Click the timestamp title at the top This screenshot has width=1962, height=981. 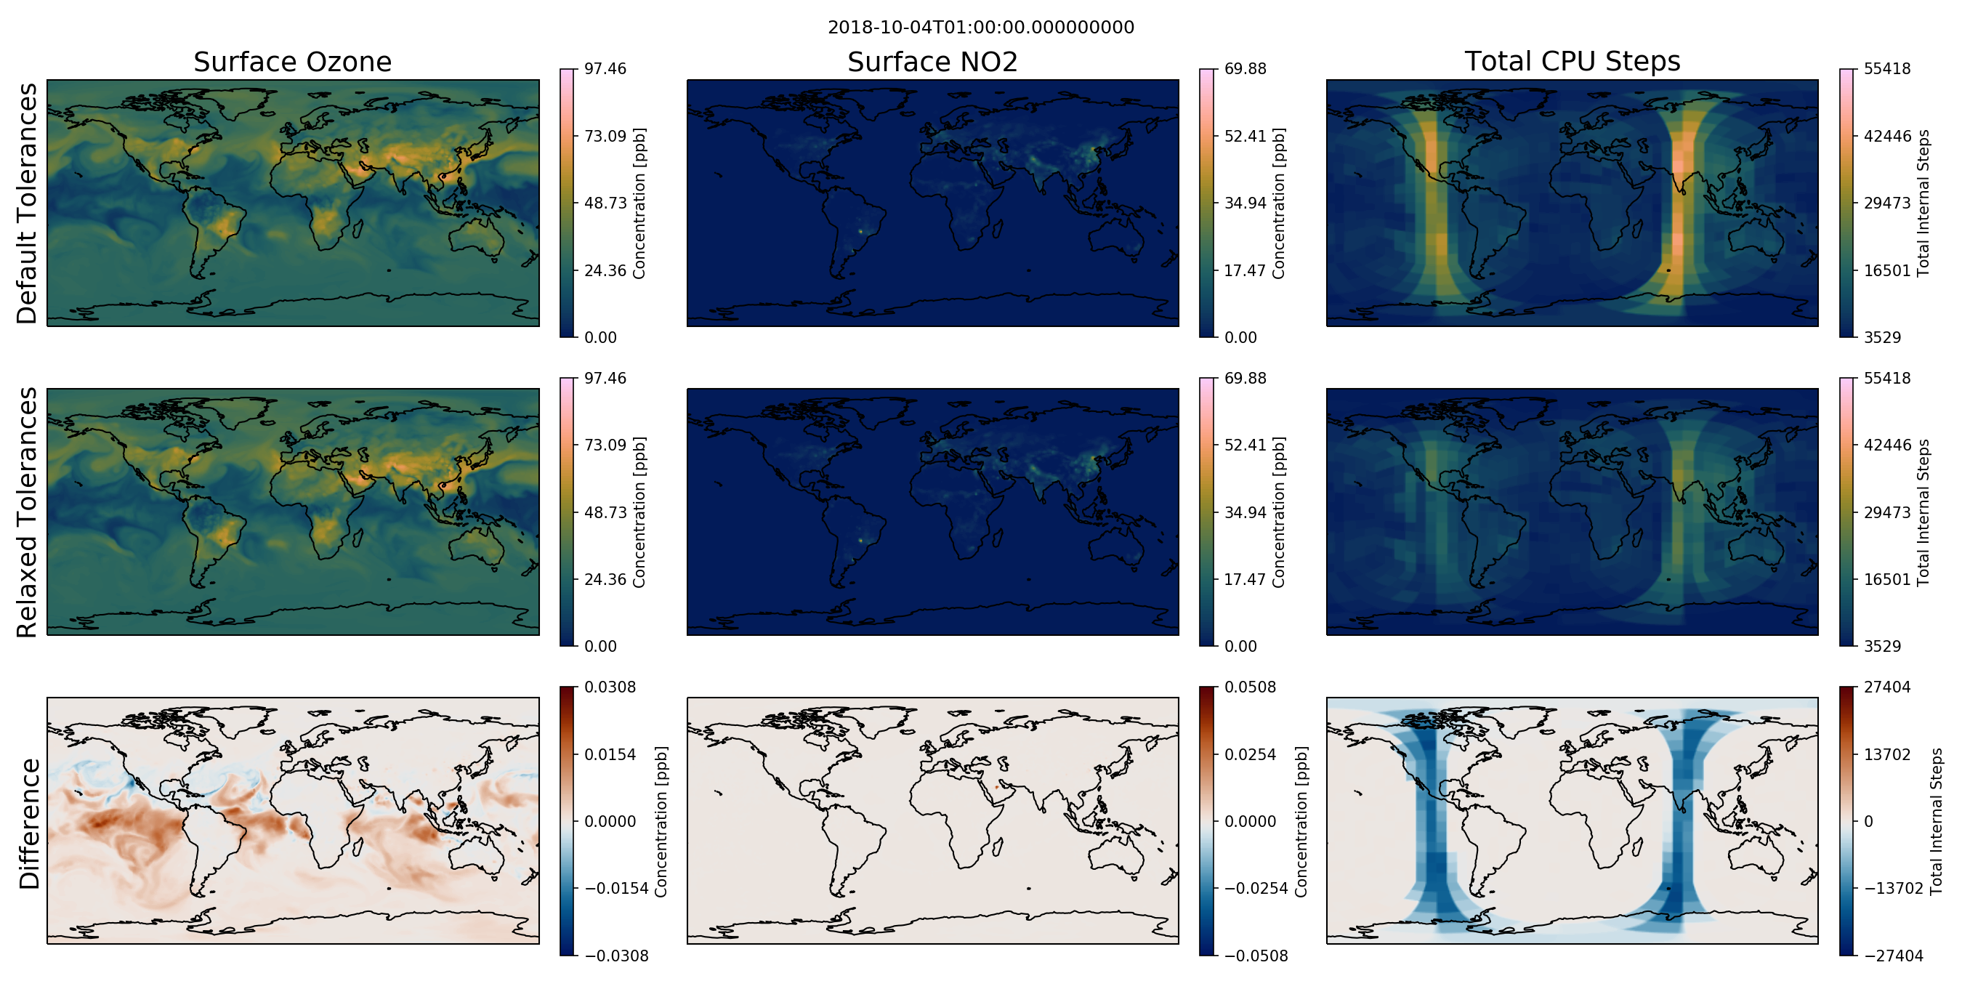click(x=981, y=28)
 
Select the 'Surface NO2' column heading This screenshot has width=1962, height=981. click(x=932, y=62)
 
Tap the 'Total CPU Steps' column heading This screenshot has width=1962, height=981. click(x=1572, y=61)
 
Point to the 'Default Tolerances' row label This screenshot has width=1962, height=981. click(x=27, y=203)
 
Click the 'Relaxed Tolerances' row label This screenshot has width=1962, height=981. click(x=27, y=512)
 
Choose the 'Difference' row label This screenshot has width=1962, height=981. click(x=29, y=824)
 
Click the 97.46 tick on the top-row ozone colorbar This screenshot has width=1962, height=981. click(x=605, y=68)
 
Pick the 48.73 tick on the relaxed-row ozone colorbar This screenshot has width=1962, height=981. click(x=605, y=512)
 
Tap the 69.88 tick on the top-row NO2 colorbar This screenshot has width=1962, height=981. click(x=1246, y=68)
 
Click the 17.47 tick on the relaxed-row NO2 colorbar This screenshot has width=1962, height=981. click(x=1246, y=579)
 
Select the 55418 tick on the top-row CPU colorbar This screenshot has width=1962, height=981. click(x=1887, y=68)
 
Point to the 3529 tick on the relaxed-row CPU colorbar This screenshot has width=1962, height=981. click(x=1883, y=646)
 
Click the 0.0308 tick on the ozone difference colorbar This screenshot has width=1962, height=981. click(x=610, y=687)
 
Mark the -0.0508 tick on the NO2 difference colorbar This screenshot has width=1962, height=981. click(x=1256, y=956)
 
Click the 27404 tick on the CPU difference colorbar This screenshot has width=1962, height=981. click(x=1887, y=687)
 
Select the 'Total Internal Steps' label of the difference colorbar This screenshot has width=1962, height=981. click(x=1936, y=821)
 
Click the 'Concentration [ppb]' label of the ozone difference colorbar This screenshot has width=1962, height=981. click(x=661, y=821)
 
